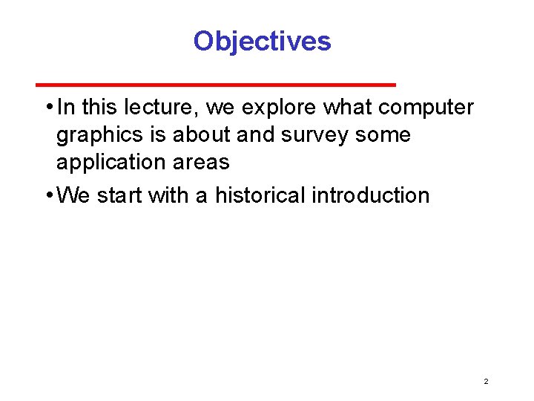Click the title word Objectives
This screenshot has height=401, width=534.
point(262,41)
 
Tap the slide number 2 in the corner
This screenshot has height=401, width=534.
point(486,381)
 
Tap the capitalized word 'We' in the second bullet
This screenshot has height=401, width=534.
point(73,195)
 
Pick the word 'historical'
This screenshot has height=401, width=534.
point(260,195)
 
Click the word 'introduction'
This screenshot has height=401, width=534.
point(370,195)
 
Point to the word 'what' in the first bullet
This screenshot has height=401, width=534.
point(347,108)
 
